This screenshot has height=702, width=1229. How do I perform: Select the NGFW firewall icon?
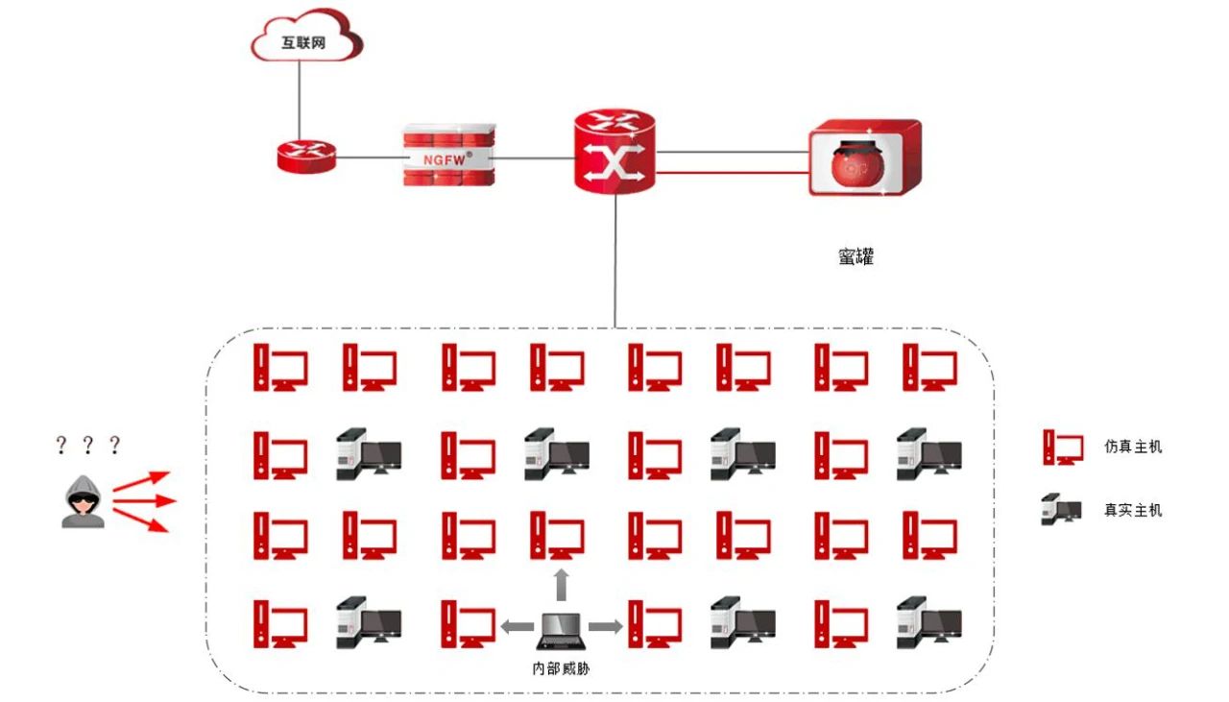pyautogui.click(x=448, y=157)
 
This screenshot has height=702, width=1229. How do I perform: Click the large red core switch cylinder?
pyautogui.click(x=614, y=151)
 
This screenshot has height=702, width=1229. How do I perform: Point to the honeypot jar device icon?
pyautogui.click(x=861, y=157)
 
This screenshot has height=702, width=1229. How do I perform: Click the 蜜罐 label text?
pyautogui.click(x=855, y=256)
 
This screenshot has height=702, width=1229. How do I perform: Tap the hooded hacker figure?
pyautogui.click(x=84, y=500)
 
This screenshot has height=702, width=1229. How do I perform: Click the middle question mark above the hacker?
pyautogui.click(x=88, y=445)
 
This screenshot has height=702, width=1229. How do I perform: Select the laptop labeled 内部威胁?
pyautogui.click(x=561, y=630)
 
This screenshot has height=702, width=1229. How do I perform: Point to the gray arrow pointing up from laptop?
pyautogui.click(x=562, y=583)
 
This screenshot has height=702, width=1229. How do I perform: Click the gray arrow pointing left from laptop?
pyautogui.click(x=517, y=626)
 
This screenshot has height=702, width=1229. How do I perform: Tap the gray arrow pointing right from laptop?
pyautogui.click(x=605, y=626)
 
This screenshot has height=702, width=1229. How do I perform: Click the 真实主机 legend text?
pyautogui.click(x=1133, y=509)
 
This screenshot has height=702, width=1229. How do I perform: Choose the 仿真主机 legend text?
pyautogui.click(x=1133, y=447)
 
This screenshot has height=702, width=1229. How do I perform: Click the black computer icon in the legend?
pyautogui.click(x=1061, y=509)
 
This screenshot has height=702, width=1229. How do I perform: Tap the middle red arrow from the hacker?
pyautogui.click(x=144, y=500)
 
